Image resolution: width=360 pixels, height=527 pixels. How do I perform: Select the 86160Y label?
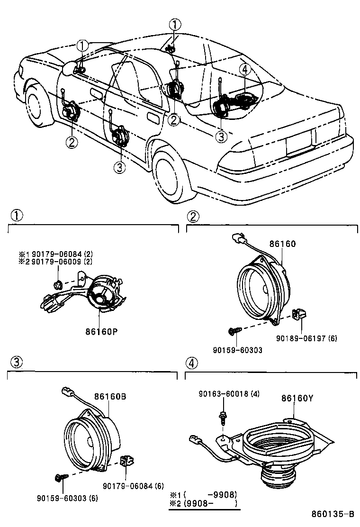297,398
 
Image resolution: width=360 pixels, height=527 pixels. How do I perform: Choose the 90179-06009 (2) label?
62,261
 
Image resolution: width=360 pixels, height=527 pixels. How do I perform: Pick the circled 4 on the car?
244,70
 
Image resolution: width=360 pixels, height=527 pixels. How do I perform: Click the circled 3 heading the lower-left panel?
16,363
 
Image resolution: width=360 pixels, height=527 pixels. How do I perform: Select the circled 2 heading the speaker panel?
193,217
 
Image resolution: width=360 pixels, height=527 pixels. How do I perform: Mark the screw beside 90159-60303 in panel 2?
234,332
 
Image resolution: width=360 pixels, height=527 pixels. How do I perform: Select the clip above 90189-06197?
299,314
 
